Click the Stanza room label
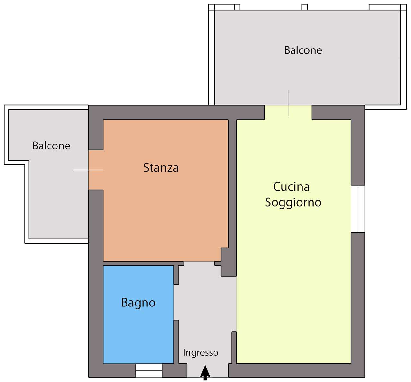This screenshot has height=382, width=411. click(x=161, y=168)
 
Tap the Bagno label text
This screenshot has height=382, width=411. click(x=138, y=303)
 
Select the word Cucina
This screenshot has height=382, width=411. click(x=291, y=187)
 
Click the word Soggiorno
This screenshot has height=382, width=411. click(x=293, y=202)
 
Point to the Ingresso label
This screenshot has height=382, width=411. click(x=201, y=352)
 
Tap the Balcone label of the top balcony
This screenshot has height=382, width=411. click(x=303, y=50)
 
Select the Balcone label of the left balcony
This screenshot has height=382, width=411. click(x=51, y=146)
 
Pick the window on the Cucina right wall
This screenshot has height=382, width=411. click(x=358, y=209)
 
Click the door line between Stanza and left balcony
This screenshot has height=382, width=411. click(x=88, y=170)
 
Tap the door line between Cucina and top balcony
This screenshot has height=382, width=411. click(x=288, y=103)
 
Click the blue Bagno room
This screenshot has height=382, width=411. click(x=138, y=315)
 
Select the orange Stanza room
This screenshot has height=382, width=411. click(x=166, y=190)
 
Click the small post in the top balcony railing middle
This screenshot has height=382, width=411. click(x=304, y=7)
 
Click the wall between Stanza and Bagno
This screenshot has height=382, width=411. click(x=143, y=263)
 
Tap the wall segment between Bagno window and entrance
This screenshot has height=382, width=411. click(x=174, y=370)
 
